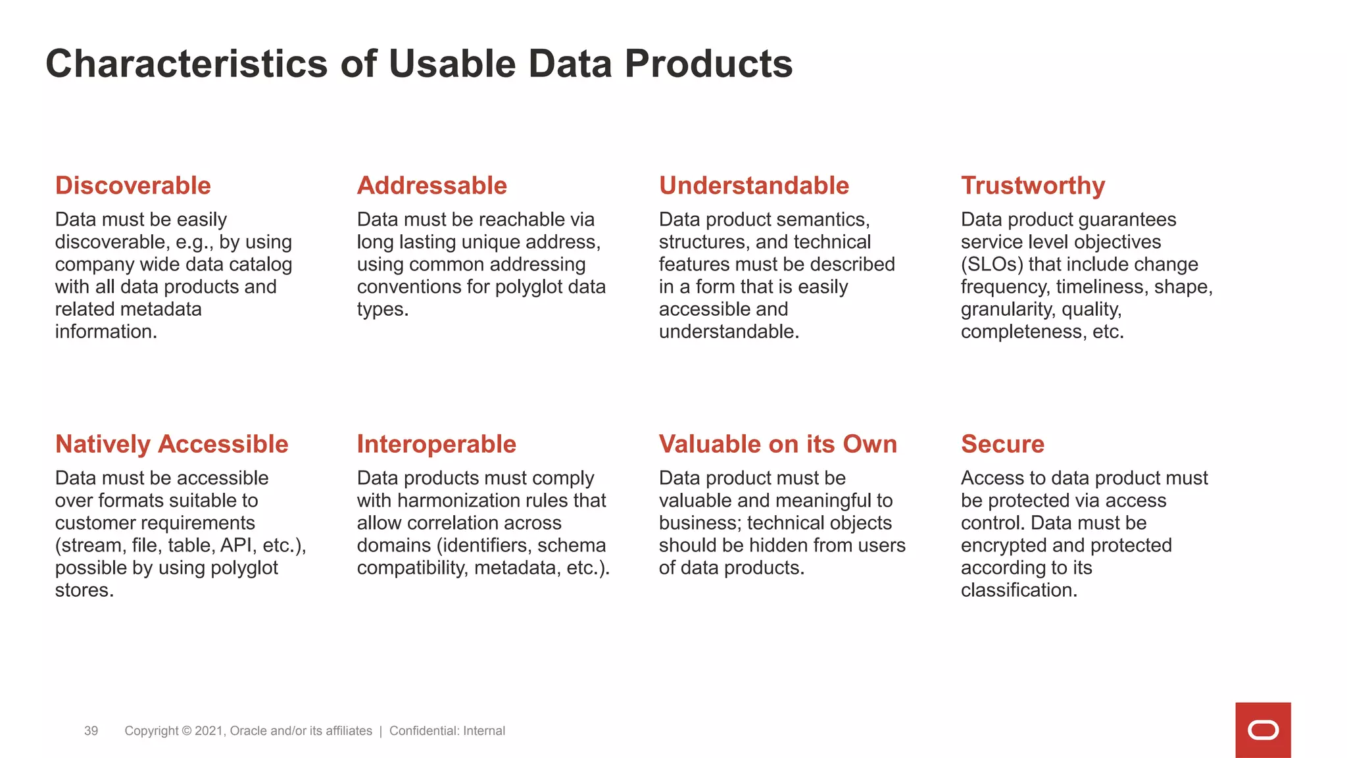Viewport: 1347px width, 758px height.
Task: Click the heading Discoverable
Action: pyautogui.click(x=133, y=186)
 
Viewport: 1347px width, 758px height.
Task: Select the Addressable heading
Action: pyautogui.click(x=431, y=186)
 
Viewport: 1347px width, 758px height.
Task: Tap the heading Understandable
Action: pyautogui.click(x=754, y=186)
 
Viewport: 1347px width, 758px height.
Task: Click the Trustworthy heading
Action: pyautogui.click(x=1033, y=186)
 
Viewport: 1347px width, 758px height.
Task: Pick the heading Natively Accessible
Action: pyautogui.click(x=172, y=444)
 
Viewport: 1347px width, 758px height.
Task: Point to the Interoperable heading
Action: pyautogui.click(x=436, y=444)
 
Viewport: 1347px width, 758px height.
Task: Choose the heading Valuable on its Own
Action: pyautogui.click(x=777, y=444)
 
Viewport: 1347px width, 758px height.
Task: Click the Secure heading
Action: pyautogui.click(x=1002, y=444)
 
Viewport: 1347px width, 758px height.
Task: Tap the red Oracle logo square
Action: pyautogui.click(x=1262, y=730)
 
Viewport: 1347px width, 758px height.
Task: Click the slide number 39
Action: pyautogui.click(x=91, y=731)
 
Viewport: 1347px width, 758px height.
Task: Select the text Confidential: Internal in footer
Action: pyautogui.click(x=447, y=731)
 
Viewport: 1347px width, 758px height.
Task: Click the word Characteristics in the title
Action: pyautogui.click(x=186, y=64)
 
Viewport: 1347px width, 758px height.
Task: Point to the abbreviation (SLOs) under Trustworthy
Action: pyautogui.click(x=991, y=265)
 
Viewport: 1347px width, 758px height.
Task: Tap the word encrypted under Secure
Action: pyautogui.click(x=1004, y=545)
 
